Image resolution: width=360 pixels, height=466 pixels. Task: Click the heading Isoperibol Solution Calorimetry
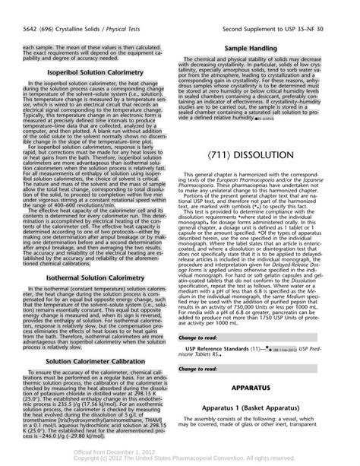click(91, 71)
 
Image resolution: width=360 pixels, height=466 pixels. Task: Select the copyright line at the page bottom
click(179, 458)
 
